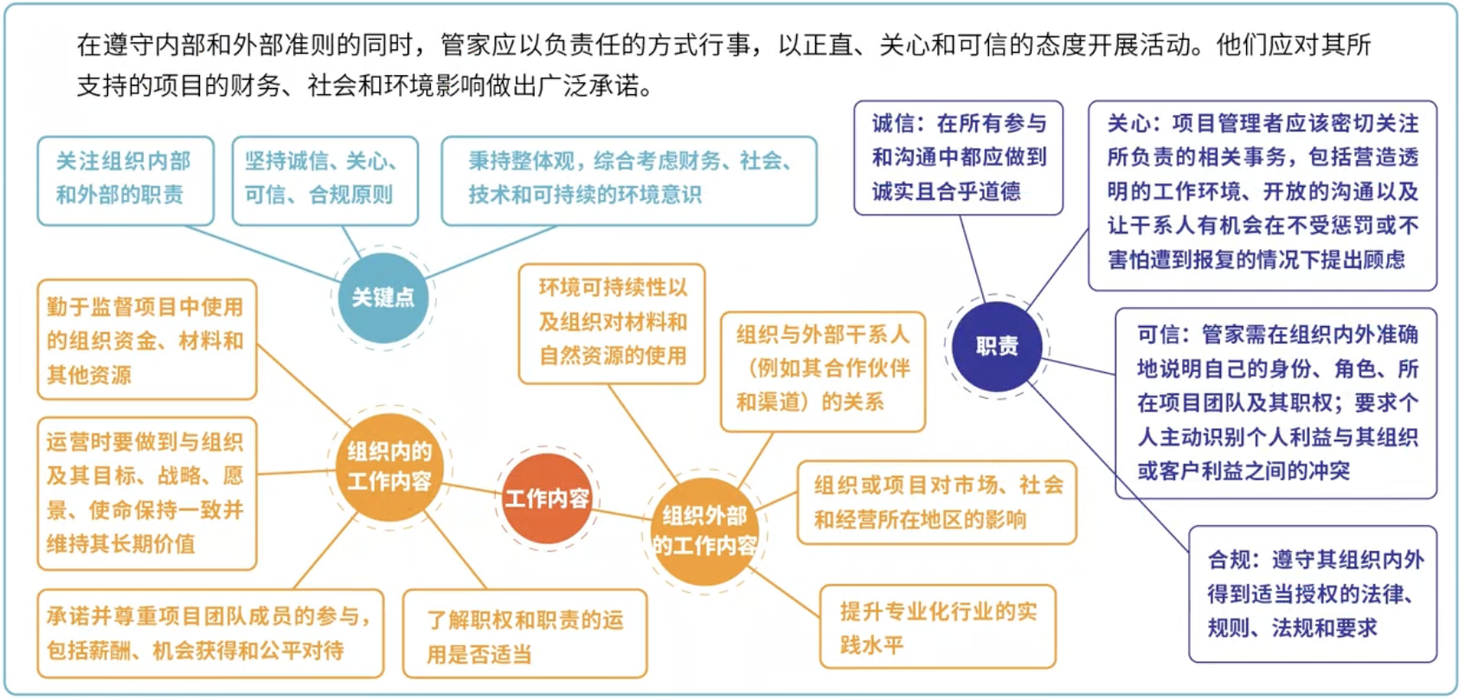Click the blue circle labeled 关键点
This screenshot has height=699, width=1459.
tap(383, 298)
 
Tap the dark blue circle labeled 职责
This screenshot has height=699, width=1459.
tap(997, 347)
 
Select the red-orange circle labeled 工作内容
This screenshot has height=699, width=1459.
tap(547, 498)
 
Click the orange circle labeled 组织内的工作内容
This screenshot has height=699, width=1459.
tap(389, 466)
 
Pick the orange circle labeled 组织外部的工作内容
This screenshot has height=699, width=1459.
tap(704, 530)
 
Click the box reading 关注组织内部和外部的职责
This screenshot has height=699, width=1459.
tap(125, 180)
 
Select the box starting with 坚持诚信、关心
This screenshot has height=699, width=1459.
tap(325, 180)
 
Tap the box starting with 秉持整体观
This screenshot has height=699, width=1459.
tap(628, 180)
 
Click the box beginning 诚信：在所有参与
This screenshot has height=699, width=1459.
tap(958, 157)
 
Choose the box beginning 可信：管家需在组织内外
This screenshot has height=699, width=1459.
tap(1276, 403)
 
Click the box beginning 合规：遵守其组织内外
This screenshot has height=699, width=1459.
tap(1312, 593)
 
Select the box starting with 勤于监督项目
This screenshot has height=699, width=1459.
tap(146, 339)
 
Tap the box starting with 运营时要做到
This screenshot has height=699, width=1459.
tap(146, 493)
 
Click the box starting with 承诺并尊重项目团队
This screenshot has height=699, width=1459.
tap(209, 633)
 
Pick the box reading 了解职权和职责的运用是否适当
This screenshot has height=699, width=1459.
tap(524, 635)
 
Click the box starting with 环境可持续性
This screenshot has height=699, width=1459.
tap(612, 323)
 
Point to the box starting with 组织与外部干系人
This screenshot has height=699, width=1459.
tap(822, 369)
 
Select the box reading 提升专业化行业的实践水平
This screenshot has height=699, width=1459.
tap(937, 627)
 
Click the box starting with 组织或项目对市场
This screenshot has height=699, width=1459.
tap(936, 502)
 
